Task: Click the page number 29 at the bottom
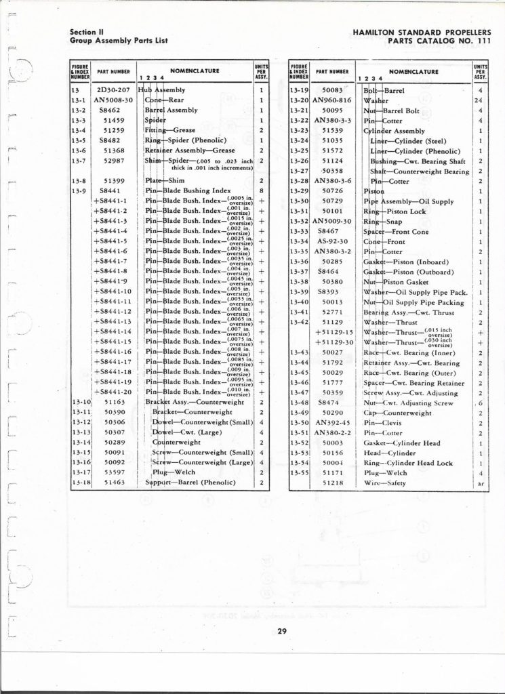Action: pyautogui.click(x=281, y=633)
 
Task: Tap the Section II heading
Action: pyautogui.click(x=86, y=32)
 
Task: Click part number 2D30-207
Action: pyautogui.click(x=108, y=89)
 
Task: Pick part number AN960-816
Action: pyautogui.click(x=331, y=100)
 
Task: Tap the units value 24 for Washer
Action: pyautogui.click(x=479, y=100)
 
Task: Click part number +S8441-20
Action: pyautogui.click(x=113, y=392)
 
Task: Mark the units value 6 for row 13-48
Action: pyautogui.click(x=479, y=403)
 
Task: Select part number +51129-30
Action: pyautogui.click(x=336, y=342)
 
